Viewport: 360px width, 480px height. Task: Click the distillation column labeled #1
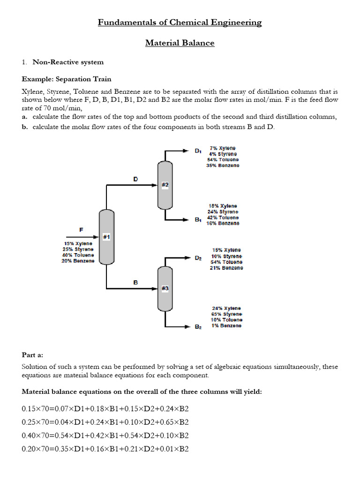click(106, 237)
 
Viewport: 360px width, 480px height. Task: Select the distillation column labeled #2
click(165, 185)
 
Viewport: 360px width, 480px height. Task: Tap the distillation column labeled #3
click(165, 288)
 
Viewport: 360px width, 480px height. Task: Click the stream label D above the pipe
click(135, 178)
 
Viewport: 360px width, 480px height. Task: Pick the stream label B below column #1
click(135, 282)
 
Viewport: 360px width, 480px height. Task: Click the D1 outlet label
click(198, 151)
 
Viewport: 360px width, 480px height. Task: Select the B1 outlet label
click(198, 220)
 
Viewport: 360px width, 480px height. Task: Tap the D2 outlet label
click(198, 258)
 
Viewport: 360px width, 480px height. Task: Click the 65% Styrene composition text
click(226, 314)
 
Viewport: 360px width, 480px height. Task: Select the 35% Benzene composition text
click(223, 165)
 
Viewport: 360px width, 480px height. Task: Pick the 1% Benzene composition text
click(226, 325)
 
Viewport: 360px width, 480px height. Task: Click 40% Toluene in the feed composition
click(78, 255)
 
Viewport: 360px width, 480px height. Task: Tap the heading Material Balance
click(180, 43)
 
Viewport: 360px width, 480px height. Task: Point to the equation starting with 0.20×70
click(105, 449)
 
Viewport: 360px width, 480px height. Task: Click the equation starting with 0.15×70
click(105, 409)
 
